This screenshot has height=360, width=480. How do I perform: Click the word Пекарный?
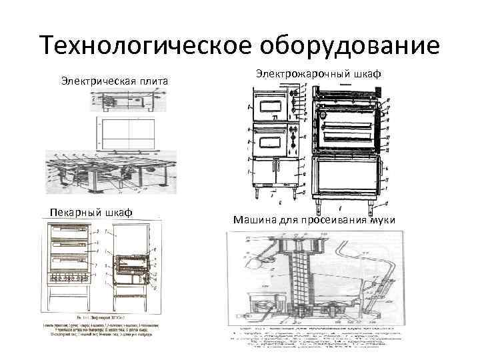[73, 212]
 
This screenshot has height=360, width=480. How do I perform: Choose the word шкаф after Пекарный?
[118, 212]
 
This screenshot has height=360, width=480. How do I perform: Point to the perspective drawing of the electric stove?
[110, 170]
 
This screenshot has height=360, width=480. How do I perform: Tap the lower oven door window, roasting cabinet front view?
[269, 141]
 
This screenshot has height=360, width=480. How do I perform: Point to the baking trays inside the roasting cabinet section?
[347, 130]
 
